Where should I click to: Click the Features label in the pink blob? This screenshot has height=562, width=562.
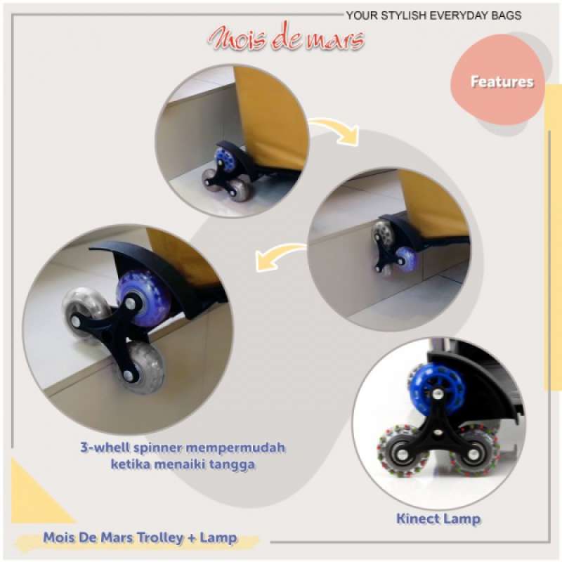click(x=502, y=82)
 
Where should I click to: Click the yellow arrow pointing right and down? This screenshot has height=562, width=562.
click(x=336, y=131)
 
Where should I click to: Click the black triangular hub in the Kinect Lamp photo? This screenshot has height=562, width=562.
click(x=438, y=439)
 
